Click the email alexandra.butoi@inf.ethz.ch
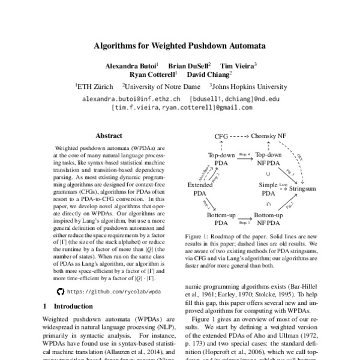[x=131, y=98]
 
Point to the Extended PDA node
[x=200, y=189]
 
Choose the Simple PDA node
[x=268, y=189]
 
